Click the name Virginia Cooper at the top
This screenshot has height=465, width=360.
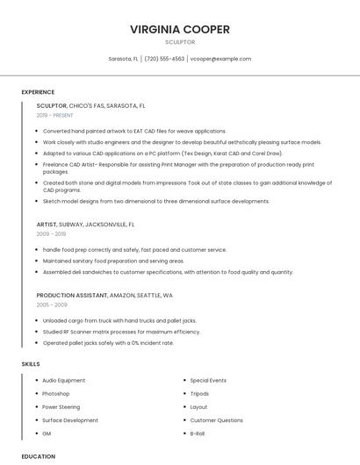click(x=180, y=29)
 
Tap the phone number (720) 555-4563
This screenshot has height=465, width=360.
click(x=164, y=59)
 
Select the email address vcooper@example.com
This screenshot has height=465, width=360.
click(x=220, y=59)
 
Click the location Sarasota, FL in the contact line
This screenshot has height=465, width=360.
click(x=123, y=59)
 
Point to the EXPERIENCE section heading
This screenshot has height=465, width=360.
click(x=38, y=92)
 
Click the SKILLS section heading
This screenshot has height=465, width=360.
click(x=31, y=363)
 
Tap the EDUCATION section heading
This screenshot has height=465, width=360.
click(x=38, y=456)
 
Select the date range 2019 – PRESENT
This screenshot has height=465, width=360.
click(x=55, y=115)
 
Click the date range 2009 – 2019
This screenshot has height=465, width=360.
click(x=51, y=234)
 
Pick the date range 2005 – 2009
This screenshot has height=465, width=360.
click(x=51, y=304)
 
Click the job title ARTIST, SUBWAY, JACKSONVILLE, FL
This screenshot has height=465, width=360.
click(x=90, y=225)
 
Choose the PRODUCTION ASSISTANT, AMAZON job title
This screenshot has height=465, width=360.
click(x=104, y=296)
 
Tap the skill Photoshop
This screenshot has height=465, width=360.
click(x=56, y=394)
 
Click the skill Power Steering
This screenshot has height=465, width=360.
click(x=61, y=407)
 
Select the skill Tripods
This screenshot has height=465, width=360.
click(x=199, y=394)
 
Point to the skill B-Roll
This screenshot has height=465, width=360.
click(x=198, y=433)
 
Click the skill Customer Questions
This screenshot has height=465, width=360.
click(x=216, y=420)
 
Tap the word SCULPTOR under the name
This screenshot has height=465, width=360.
click(x=180, y=41)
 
